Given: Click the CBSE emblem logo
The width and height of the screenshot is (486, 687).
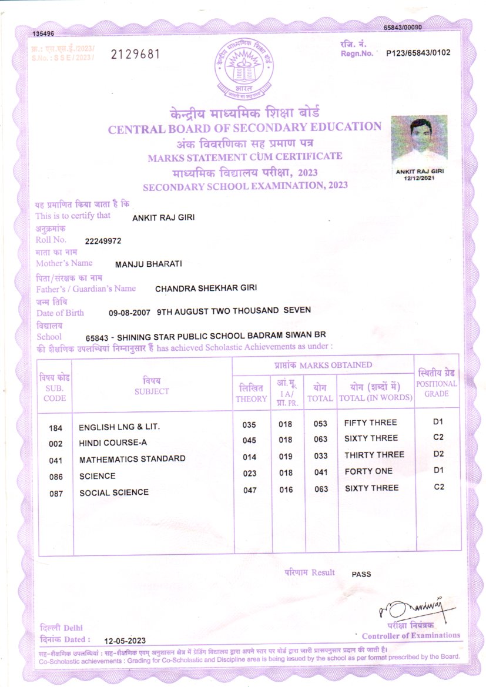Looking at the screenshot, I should pyautogui.click(x=243, y=69).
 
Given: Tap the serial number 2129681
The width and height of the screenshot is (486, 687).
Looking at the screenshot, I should pyautogui.click(x=135, y=55).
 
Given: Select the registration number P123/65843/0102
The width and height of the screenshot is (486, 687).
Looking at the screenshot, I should pyautogui.click(x=418, y=53).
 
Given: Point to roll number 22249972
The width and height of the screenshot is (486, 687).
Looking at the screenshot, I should pyautogui.click(x=103, y=241).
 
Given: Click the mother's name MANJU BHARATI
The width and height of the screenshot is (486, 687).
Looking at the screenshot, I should pyautogui.click(x=148, y=264).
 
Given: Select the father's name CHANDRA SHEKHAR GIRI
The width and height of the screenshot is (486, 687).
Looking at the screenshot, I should pyautogui.click(x=206, y=289).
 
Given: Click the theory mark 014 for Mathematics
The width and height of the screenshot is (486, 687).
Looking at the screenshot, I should pyautogui.click(x=250, y=456).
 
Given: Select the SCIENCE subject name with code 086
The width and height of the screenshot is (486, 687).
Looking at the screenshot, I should pyautogui.click(x=98, y=476).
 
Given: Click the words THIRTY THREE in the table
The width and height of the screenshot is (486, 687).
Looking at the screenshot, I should pyautogui.click(x=374, y=455).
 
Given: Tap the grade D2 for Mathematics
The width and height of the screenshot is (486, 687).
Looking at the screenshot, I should pyautogui.click(x=438, y=454).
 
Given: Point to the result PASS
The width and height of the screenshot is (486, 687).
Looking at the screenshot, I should pyautogui.click(x=361, y=574).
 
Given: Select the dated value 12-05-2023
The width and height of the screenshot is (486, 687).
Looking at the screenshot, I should pyautogui.click(x=125, y=641).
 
